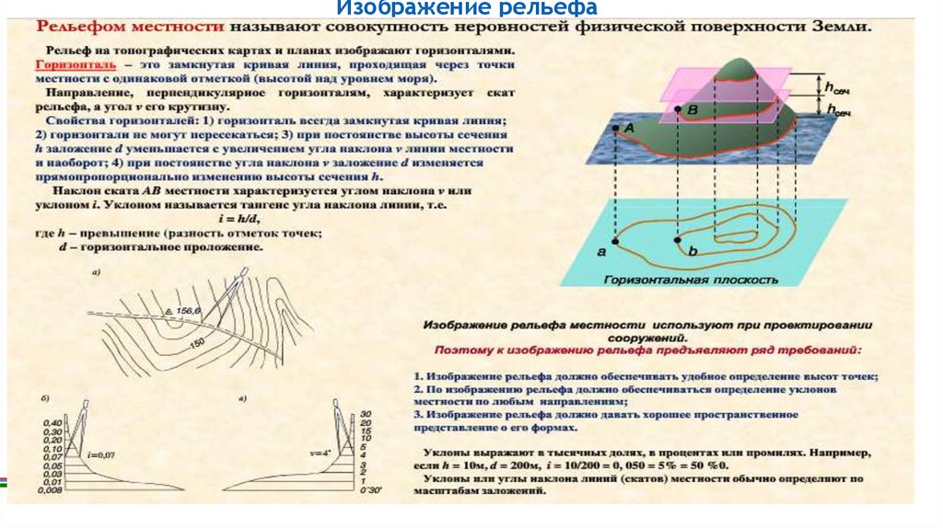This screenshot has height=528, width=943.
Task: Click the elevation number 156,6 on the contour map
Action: point(187,312)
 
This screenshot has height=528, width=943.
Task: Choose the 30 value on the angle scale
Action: point(367,413)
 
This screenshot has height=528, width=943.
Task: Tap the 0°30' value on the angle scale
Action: point(371,492)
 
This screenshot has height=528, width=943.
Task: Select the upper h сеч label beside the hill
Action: point(836,87)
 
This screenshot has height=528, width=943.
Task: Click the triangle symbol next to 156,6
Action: point(169,313)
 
